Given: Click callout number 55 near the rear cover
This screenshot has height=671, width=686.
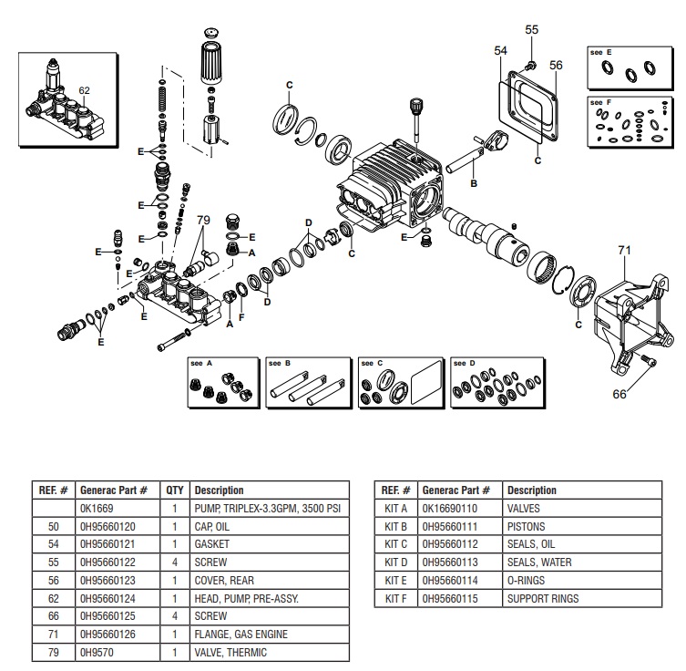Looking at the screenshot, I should (x=532, y=30).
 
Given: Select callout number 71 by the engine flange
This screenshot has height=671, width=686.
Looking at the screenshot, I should (x=624, y=248).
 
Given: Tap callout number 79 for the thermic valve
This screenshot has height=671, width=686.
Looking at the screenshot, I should (x=203, y=220).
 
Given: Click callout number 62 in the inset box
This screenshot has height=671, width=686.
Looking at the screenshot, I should (x=85, y=90).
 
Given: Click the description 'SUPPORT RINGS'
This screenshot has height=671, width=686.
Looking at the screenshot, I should (x=543, y=598).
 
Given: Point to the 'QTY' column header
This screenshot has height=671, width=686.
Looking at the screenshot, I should (x=174, y=490).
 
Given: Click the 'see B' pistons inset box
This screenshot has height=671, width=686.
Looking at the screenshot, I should (x=305, y=382).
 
